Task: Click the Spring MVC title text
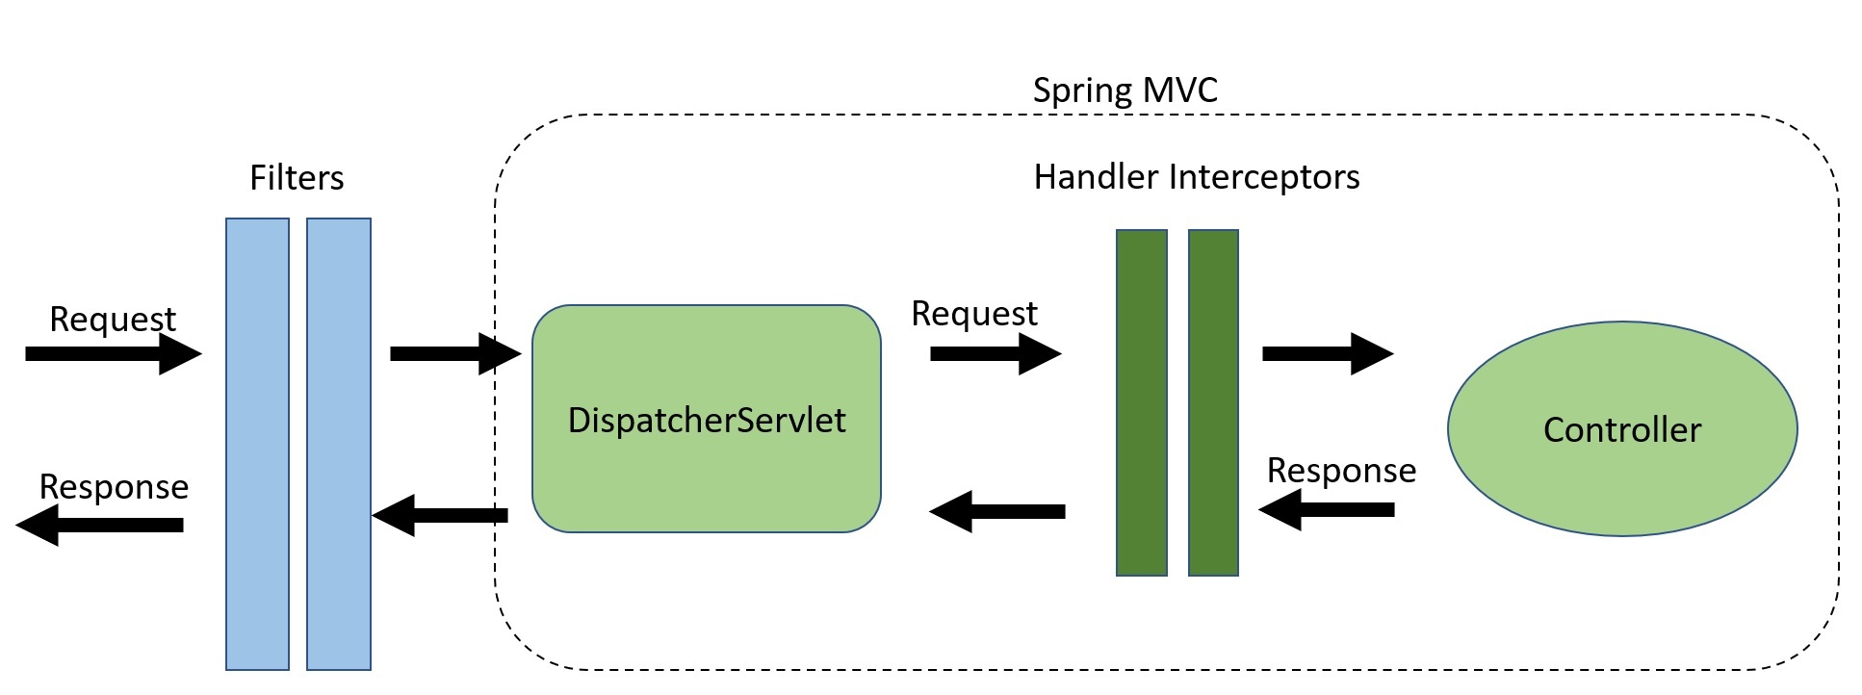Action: point(1125,90)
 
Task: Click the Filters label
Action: point(297,178)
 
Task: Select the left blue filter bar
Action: point(257,443)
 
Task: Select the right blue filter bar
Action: point(339,443)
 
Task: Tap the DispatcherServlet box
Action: point(706,420)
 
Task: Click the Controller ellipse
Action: point(1621,429)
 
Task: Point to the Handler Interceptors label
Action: point(1196,177)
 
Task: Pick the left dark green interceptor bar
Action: point(1141,402)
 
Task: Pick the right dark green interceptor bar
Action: point(1213,402)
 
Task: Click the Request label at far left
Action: point(113,319)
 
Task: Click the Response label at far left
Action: point(114,487)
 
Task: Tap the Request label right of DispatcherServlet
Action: point(973,314)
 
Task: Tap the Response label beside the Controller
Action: point(1340,471)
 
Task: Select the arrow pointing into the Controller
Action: point(1327,353)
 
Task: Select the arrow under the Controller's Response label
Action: point(1326,509)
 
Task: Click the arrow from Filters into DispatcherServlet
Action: point(454,353)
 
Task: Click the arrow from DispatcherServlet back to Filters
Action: point(440,515)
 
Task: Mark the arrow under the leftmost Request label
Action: point(113,353)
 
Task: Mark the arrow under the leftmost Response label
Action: point(100,525)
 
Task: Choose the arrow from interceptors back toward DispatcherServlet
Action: point(996,511)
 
